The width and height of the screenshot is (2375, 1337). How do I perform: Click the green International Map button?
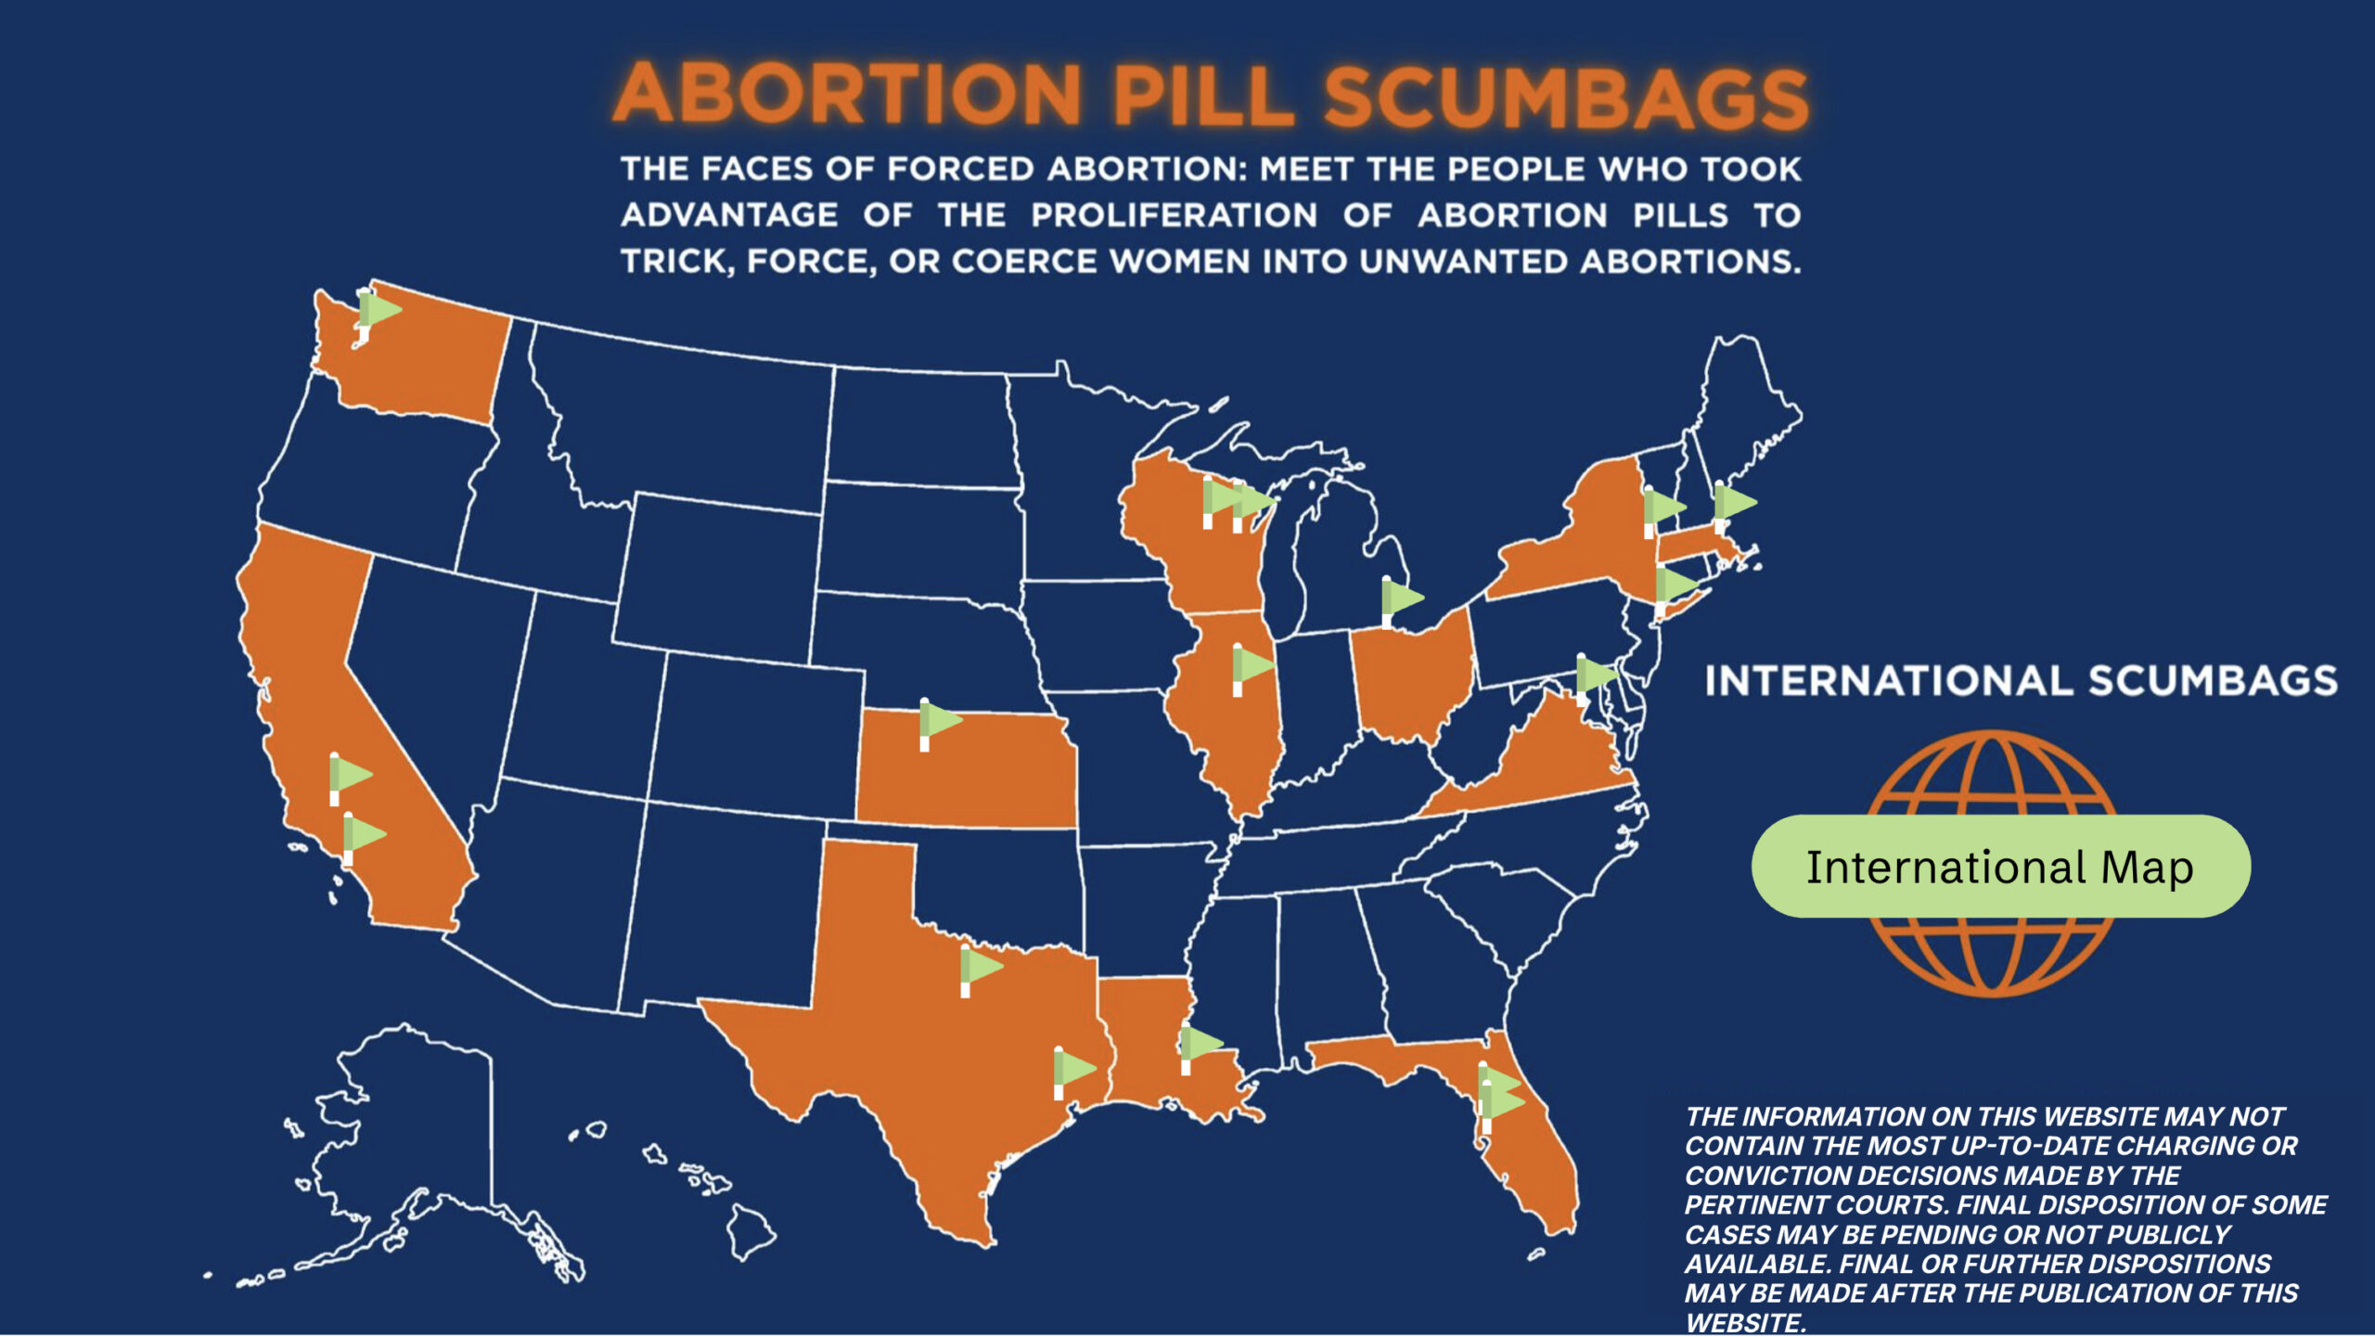point(2000,867)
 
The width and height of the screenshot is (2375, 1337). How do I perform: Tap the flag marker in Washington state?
point(376,311)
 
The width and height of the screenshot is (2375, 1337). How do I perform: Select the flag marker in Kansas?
point(938,721)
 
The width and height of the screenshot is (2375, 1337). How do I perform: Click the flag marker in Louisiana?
point(1199,1046)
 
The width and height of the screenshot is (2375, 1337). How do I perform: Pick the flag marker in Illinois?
point(1250,666)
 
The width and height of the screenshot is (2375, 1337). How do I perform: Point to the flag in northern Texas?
point(979,968)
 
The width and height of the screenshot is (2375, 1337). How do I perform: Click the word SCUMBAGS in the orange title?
point(1566,97)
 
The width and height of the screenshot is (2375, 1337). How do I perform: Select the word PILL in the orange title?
point(1203,96)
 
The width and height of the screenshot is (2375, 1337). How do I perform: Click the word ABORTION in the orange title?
point(848,94)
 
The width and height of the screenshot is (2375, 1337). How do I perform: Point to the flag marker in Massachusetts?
point(1732,504)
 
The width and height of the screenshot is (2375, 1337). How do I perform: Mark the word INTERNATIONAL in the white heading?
point(1889,681)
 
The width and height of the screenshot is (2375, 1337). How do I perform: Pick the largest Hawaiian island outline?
point(750,1229)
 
